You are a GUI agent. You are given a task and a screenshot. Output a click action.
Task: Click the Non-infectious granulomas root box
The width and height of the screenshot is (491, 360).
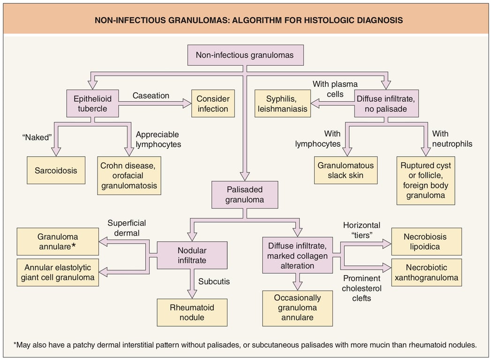[245, 55]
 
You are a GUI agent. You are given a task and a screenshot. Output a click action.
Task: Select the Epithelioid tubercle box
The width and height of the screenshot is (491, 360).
[92, 104]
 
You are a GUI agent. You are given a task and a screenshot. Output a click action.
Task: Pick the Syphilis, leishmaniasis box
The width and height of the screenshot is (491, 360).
[283, 104]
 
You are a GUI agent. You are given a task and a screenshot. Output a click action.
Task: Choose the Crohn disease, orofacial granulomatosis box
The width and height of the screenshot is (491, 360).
[129, 176]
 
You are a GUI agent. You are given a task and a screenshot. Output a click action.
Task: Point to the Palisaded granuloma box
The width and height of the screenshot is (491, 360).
[244, 195]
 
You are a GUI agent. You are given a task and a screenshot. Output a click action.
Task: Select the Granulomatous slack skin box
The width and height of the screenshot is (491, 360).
[346, 170]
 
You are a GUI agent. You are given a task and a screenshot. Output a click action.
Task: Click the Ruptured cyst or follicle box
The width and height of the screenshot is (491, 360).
[425, 180]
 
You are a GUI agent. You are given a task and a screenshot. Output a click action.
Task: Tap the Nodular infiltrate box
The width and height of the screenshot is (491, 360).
[192, 255]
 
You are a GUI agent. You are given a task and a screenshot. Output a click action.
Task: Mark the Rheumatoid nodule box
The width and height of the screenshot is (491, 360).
[192, 312]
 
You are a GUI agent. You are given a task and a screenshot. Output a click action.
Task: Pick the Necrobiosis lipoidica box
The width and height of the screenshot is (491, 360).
[425, 241]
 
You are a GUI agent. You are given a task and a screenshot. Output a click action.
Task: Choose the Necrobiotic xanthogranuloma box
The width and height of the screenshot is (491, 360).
[425, 273]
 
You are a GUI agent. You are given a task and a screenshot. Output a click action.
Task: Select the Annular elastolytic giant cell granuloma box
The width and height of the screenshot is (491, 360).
[58, 273]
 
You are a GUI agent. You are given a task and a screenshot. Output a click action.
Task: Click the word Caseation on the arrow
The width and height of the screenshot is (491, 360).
[151, 95]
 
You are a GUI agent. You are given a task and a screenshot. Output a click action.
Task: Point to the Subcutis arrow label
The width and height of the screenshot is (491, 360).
[214, 282]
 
